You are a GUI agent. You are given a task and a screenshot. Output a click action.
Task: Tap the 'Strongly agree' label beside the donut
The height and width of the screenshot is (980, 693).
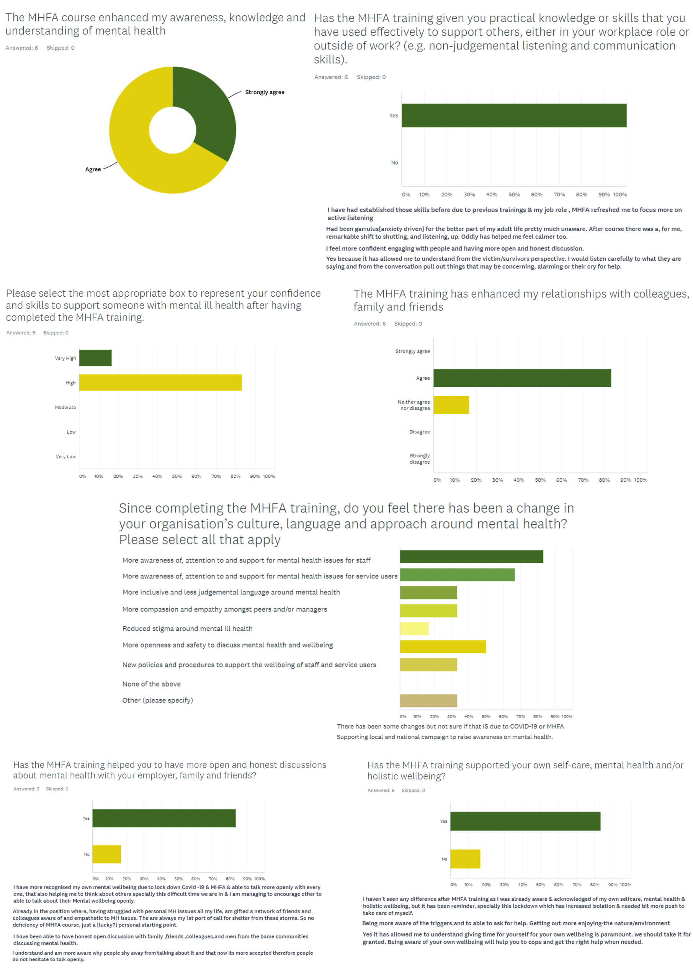pyautogui.click(x=264, y=92)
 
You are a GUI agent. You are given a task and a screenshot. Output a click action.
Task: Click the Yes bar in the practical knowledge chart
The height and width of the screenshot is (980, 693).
pyautogui.click(x=514, y=116)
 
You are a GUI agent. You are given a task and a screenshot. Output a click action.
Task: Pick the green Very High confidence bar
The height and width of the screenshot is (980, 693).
pyautogui.click(x=95, y=358)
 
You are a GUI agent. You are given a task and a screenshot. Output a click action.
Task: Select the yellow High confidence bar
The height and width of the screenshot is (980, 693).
pyautogui.click(x=160, y=382)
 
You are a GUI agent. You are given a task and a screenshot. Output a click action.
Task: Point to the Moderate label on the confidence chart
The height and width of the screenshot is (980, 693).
pyautogui.click(x=65, y=408)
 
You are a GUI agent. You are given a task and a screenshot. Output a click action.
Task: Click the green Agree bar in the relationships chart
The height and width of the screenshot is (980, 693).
pyautogui.click(x=522, y=378)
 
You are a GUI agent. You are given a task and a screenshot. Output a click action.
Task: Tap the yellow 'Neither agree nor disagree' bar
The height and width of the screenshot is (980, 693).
pyautogui.click(x=451, y=405)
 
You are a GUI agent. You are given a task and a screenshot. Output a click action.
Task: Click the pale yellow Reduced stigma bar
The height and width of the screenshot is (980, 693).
pyautogui.click(x=414, y=629)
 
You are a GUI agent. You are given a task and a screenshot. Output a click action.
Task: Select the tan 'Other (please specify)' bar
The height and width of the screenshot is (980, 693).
pyautogui.click(x=428, y=701)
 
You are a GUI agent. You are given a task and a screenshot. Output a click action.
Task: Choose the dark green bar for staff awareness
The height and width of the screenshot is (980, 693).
pyautogui.click(x=471, y=557)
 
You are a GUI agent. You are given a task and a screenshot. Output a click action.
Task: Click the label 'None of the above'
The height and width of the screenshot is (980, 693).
pyautogui.click(x=151, y=684)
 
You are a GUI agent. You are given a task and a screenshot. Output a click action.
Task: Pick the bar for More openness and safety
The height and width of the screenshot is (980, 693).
pyautogui.click(x=443, y=647)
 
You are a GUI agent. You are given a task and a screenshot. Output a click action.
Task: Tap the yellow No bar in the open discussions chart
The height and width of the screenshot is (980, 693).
pyautogui.click(x=107, y=854)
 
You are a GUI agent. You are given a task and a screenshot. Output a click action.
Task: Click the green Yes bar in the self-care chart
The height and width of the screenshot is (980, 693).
pyautogui.click(x=525, y=821)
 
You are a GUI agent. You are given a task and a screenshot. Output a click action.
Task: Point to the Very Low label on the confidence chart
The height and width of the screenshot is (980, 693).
pyautogui.click(x=65, y=457)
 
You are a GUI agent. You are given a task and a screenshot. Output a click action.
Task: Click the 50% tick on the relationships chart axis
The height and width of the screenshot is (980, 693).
pyautogui.click(x=540, y=480)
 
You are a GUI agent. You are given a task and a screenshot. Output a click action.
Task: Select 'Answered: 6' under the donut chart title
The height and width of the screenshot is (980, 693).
pyautogui.click(x=22, y=48)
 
